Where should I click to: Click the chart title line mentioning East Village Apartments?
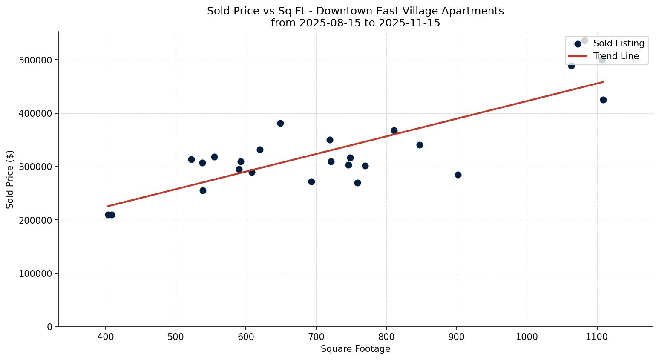click(x=355, y=11)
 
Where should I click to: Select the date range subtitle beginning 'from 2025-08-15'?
click(x=355, y=23)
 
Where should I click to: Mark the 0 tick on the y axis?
click(x=49, y=327)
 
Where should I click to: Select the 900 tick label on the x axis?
click(x=457, y=337)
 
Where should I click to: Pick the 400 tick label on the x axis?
click(x=106, y=337)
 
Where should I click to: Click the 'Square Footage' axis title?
click(x=355, y=349)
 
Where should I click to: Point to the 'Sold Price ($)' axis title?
click(x=10, y=179)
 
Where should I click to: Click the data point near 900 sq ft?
click(x=458, y=175)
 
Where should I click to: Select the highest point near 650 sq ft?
click(x=280, y=123)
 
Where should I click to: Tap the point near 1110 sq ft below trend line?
click(x=603, y=100)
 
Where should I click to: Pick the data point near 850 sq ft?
click(x=420, y=145)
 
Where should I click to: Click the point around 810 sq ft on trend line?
click(x=394, y=130)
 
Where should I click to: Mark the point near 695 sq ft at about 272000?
click(x=311, y=181)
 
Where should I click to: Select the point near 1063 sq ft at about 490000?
click(x=571, y=66)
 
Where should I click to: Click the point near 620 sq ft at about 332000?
click(x=260, y=150)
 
